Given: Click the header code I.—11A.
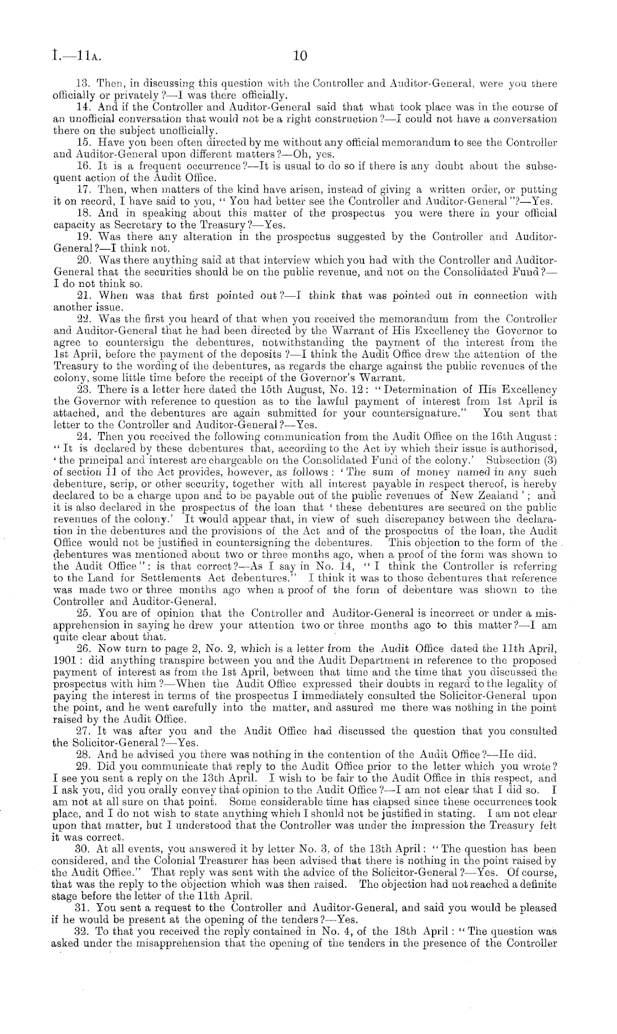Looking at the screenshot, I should tap(74, 55).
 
